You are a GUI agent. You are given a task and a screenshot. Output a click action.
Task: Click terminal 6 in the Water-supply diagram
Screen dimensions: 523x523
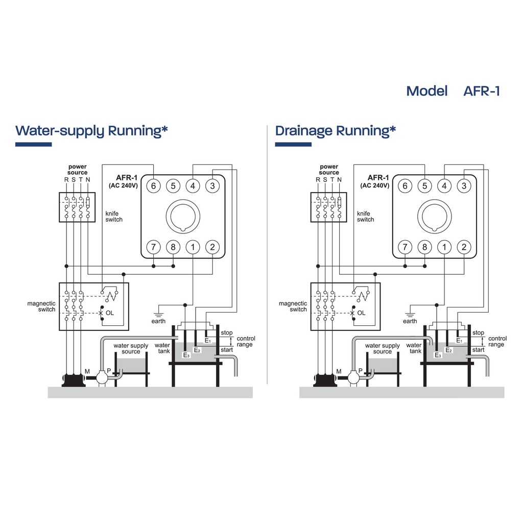153,185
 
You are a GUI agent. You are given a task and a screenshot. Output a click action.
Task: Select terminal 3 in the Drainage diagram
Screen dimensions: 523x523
464,185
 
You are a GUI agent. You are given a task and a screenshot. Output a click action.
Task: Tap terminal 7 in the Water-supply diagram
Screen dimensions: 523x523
153,247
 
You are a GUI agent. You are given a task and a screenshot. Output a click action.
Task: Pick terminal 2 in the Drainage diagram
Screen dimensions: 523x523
464,247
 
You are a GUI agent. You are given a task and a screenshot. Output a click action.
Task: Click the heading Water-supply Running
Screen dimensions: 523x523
92,131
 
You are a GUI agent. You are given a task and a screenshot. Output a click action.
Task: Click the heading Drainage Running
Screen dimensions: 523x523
336,131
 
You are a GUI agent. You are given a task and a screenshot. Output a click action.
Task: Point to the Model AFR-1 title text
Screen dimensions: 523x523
453,91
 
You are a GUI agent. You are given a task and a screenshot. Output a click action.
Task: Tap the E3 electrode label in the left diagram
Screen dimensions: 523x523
186,355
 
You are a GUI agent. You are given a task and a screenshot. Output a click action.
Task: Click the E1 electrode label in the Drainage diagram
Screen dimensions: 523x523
459,340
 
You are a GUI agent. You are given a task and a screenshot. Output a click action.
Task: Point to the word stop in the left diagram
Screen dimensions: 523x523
226,333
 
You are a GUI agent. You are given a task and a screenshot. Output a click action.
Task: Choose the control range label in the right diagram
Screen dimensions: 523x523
497,341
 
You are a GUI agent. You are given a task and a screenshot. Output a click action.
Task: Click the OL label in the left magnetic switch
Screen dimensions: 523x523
110,313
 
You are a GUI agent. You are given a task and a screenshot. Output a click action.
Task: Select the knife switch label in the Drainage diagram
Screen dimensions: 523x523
365,216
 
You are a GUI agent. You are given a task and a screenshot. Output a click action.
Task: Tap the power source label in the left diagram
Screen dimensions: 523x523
78,170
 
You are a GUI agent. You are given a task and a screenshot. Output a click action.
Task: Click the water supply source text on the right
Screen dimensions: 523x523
382,348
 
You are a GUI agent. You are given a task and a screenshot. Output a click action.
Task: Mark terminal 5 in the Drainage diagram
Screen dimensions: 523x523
424,185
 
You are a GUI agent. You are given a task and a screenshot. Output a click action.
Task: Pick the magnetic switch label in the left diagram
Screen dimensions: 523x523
41,306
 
